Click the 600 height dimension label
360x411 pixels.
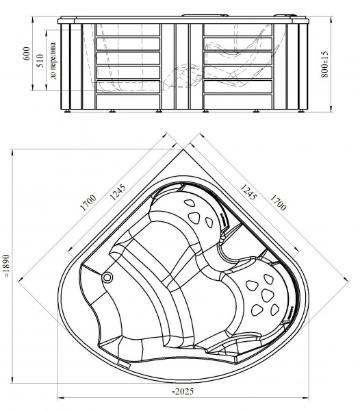tap(27, 53)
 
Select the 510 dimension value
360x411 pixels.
tap(40, 61)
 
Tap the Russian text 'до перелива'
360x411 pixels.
tap(53, 61)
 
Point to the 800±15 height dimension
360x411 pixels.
tap(324, 64)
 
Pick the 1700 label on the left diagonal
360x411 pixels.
tap(88, 202)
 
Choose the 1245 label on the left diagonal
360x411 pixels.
tap(117, 192)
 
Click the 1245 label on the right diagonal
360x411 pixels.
tap(247, 192)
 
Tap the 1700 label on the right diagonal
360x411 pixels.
tap(277, 202)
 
